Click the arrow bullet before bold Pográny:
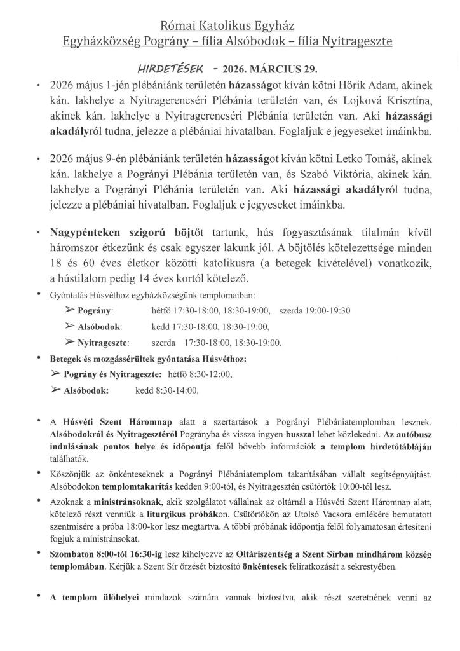coord(70,310)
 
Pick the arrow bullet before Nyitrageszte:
coord(70,342)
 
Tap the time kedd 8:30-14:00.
coord(166,390)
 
